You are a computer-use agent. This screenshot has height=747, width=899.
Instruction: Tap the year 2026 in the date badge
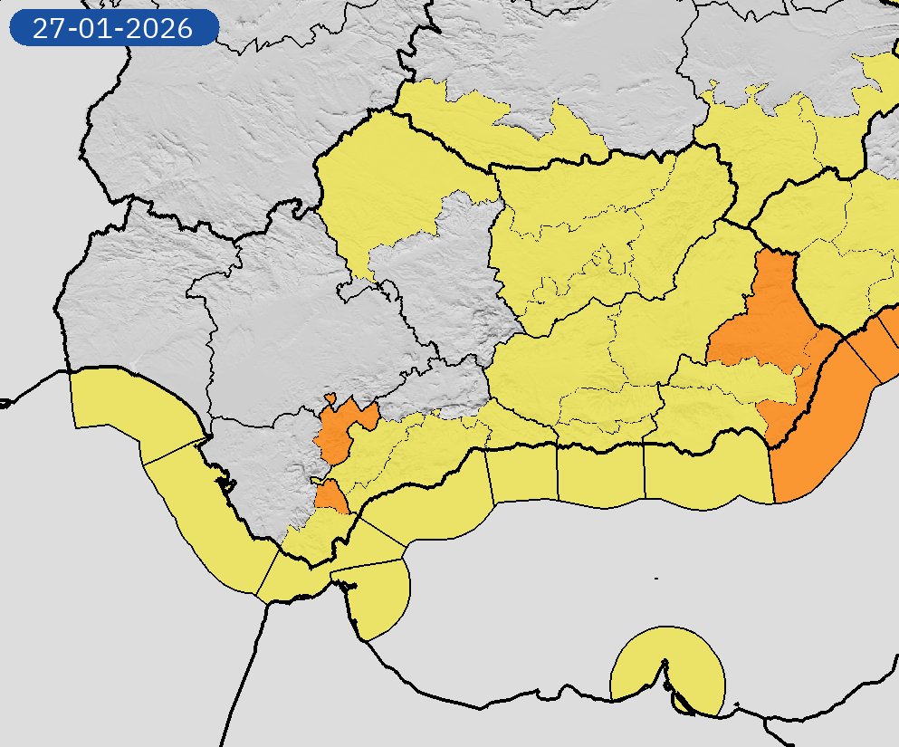pyautogui.click(x=161, y=28)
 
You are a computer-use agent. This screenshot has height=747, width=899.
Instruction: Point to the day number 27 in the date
pyautogui.click(x=47, y=28)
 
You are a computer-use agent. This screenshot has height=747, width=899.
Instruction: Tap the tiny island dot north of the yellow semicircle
pyautogui.click(x=655, y=578)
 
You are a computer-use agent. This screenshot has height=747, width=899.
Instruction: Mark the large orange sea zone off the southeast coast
pyautogui.click(x=819, y=426)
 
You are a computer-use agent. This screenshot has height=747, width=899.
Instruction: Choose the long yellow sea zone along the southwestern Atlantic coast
pyautogui.click(x=208, y=516)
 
